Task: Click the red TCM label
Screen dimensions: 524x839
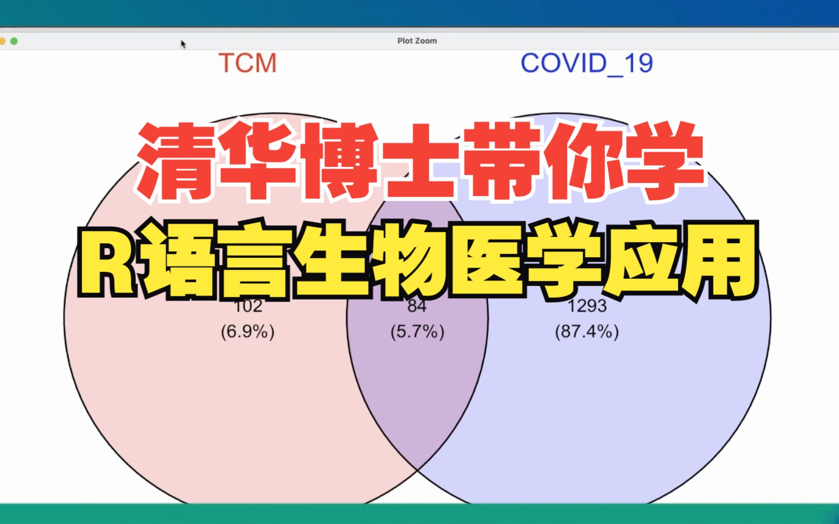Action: click(248, 64)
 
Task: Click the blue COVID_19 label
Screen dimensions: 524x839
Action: click(587, 64)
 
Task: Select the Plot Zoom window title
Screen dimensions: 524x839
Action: click(417, 41)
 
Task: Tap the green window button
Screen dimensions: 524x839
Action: click(14, 41)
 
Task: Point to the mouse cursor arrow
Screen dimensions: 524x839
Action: click(183, 44)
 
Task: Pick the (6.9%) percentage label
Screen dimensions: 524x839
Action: click(248, 332)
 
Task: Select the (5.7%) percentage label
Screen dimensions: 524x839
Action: click(417, 332)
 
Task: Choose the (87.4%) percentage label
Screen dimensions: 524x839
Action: click(587, 332)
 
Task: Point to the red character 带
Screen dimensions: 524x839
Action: click(503, 163)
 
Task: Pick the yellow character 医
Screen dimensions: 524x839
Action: click(488, 262)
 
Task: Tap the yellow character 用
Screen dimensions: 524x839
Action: click(719, 262)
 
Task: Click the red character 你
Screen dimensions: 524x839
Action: click(583, 163)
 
